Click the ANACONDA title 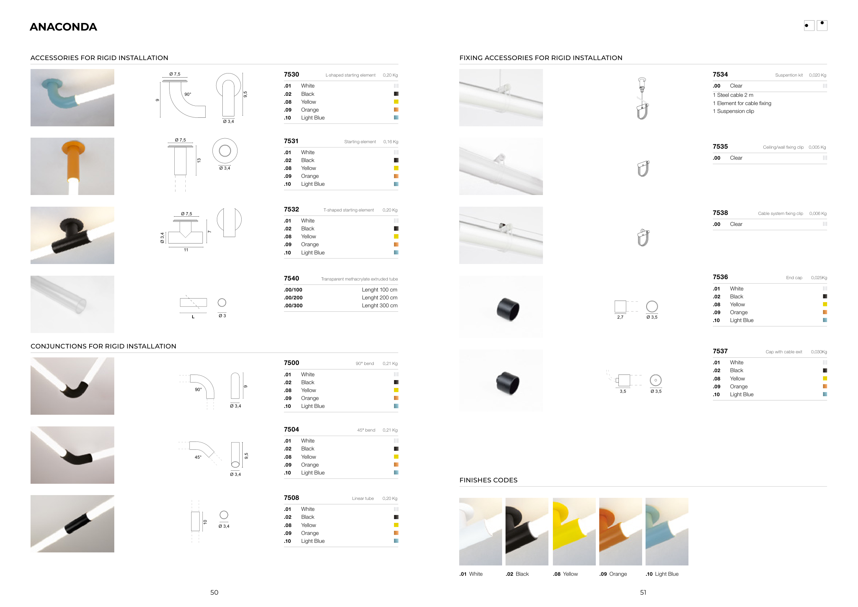click(63, 27)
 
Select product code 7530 click(291, 75)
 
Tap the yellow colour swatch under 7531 click(396, 168)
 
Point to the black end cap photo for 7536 click(508, 309)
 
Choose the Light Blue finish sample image click(667, 531)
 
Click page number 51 click(643, 593)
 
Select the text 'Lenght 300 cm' click(379, 306)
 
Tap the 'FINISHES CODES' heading click(488, 480)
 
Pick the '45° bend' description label click(366, 430)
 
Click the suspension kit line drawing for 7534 click(642, 98)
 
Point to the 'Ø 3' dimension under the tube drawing click(222, 316)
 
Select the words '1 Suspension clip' click(733, 111)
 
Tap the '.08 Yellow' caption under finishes click(565, 574)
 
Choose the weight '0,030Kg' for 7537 click(819, 352)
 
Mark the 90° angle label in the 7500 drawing click(198, 389)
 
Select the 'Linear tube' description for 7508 click(362, 499)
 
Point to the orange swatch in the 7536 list click(825, 312)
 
